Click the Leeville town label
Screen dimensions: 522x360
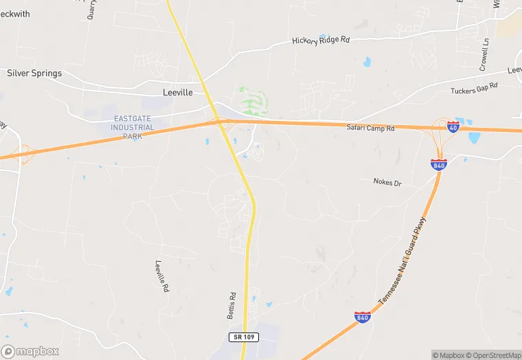pyautogui.click(x=178, y=91)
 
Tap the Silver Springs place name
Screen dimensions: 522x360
pyautogui.click(x=34, y=73)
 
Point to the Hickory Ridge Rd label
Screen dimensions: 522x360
pyautogui.click(x=321, y=41)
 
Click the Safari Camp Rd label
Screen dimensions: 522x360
pyautogui.click(x=370, y=128)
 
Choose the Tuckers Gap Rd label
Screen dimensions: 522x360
pyautogui.click(x=473, y=90)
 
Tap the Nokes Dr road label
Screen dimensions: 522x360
pyautogui.click(x=387, y=182)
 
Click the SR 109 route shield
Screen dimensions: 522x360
pyautogui.click(x=243, y=337)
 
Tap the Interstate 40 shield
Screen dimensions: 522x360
pyautogui.click(x=453, y=126)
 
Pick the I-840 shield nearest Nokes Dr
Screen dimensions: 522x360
pyautogui.click(x=439, y=165)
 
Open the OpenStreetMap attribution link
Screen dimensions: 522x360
pyautogui.click(x=493, y=355)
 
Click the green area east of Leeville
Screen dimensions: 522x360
pyautogui.click(x=253, y=101)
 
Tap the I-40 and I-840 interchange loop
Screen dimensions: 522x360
pyautogui.click(x=440, y=137)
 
